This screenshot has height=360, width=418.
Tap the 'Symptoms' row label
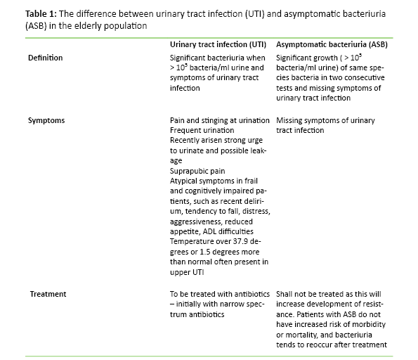click(x=46, y=120)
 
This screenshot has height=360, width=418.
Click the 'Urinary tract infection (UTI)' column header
click(x=217, y=44)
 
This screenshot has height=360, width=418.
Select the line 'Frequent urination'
click(x=203, y=131)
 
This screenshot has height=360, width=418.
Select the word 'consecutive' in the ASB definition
click(x=352, y=78)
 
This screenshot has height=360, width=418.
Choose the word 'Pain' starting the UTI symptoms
click(x=178, y=121)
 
